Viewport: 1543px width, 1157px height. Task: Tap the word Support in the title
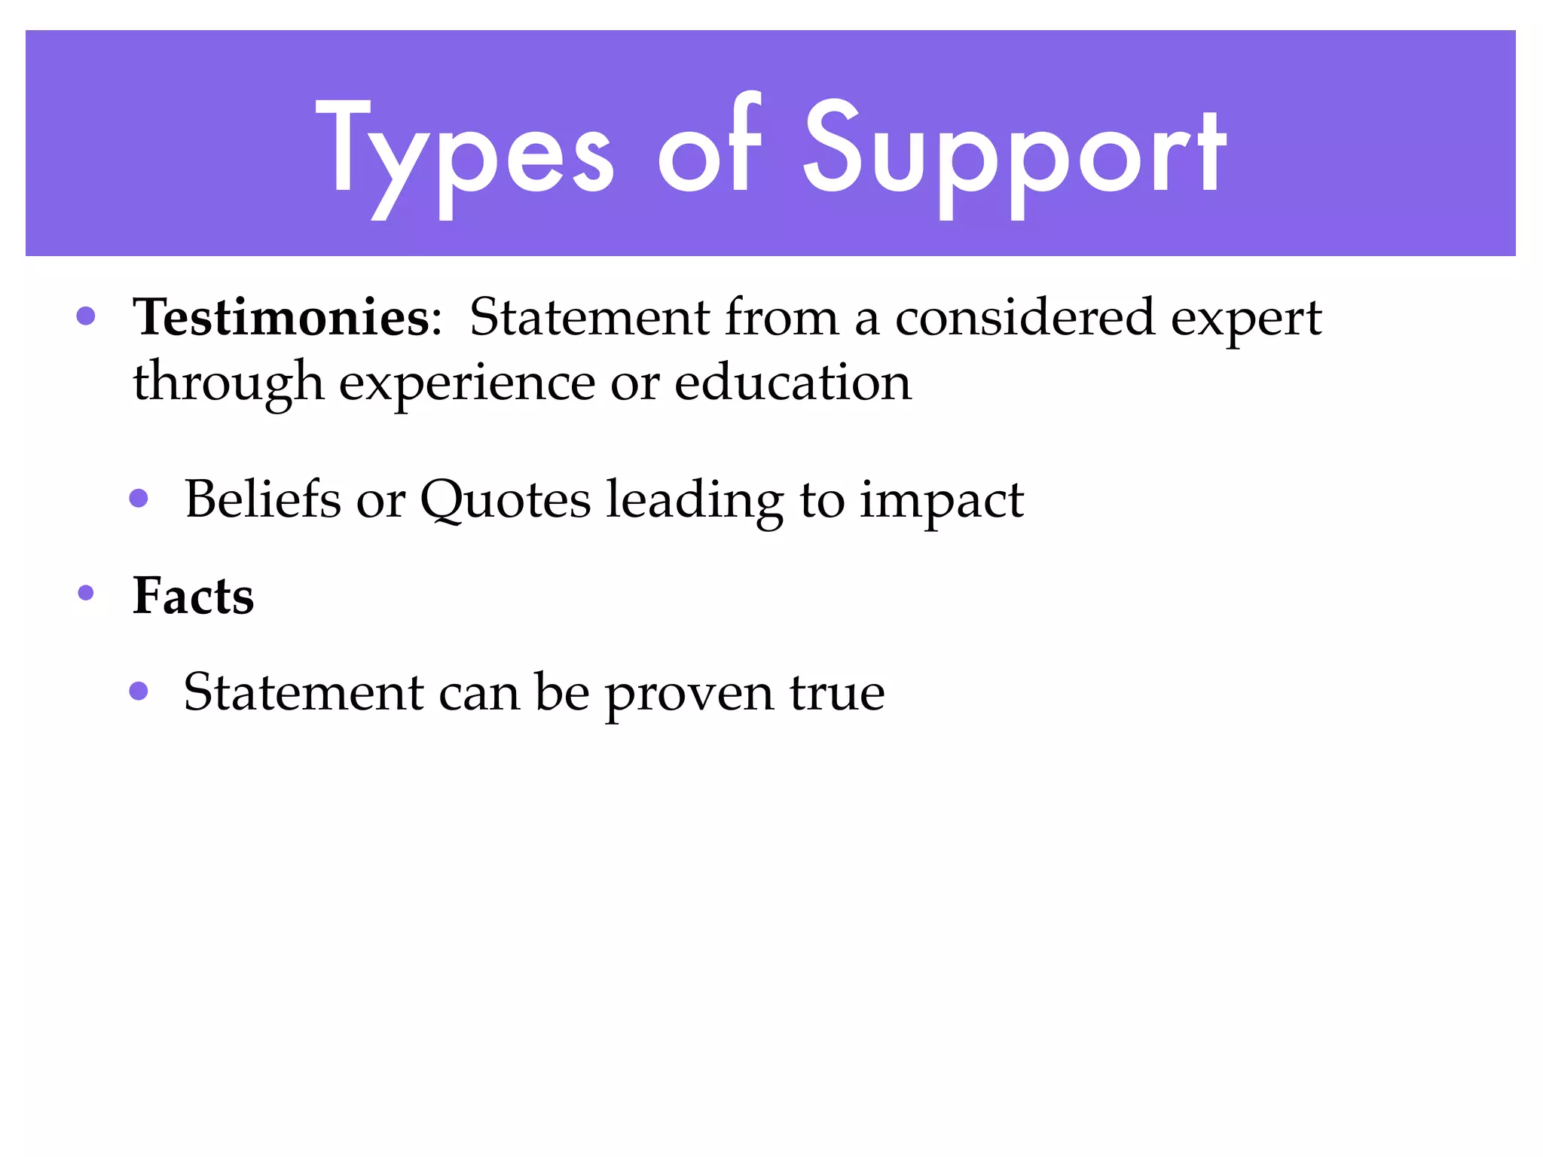click(x=1013, y=154)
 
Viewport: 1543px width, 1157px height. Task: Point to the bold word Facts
click(x=193, y=596)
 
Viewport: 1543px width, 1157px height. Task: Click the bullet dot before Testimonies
click(x=86, y=316)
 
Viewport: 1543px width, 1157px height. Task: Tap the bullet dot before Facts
click(x=86, y=594)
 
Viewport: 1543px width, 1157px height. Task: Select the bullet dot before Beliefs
click(x=139, y=498)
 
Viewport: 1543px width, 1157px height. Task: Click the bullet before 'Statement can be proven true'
click(x=139, y=691)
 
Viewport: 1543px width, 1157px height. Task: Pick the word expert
click(x=1246, y=319)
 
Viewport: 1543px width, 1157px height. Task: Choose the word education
click(x=793, y=382)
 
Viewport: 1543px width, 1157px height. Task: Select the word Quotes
click(x=505, y=501)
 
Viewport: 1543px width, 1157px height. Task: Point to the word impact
click(x=942, y=501)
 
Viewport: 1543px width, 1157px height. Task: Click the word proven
click(x=689, y=695)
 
